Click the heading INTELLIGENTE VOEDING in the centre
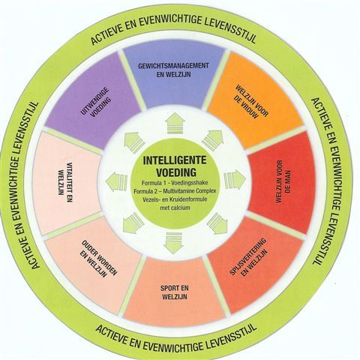point(175,166)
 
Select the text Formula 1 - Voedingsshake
point(175,183)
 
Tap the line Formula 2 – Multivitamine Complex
point(175,191)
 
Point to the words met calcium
point(175,208)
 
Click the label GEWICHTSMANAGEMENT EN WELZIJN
point(174,70)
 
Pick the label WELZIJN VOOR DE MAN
point(283,181)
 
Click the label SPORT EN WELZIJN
point(175,292)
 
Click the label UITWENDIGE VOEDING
point(96,102)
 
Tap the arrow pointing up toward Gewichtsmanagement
point(175,123)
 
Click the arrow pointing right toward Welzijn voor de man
point(235,180)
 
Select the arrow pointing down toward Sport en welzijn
point(174,242)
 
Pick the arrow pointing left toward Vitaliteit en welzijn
point(117,181)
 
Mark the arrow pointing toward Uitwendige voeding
point(134,141)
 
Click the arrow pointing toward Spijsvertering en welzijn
point(217,223)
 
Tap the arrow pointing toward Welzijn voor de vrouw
point(213,140)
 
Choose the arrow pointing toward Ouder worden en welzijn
point(133,223)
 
